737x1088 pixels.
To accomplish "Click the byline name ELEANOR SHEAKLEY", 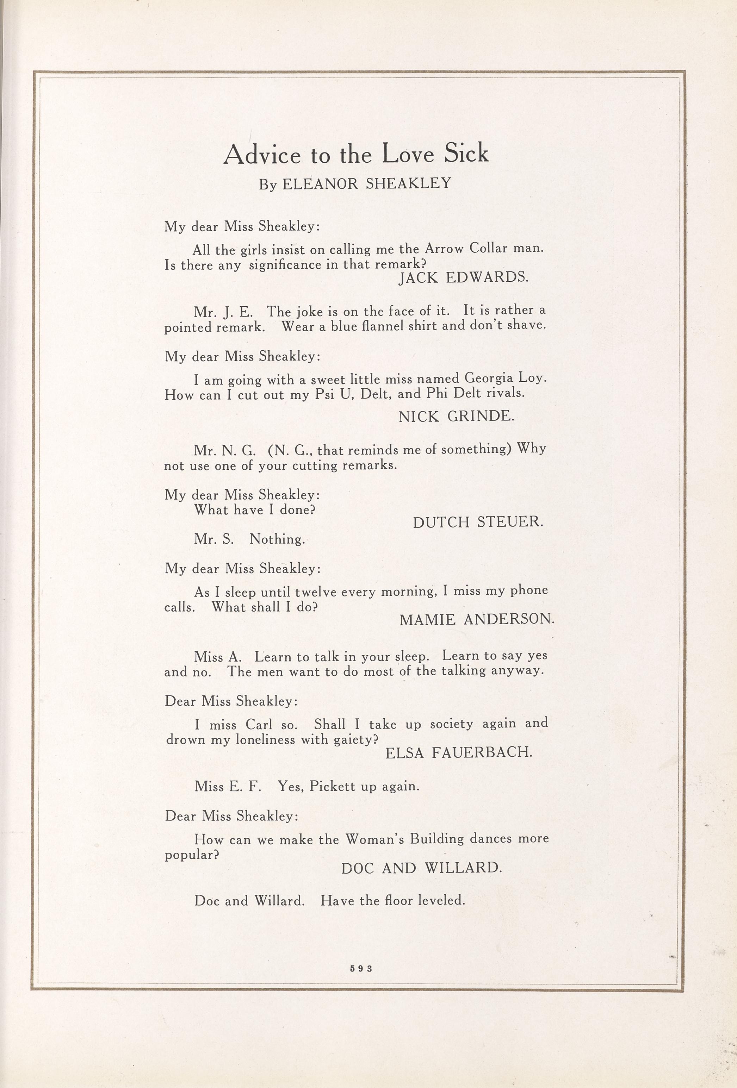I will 366,183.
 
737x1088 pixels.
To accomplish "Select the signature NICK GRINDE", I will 456,416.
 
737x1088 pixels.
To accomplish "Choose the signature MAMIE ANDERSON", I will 477,619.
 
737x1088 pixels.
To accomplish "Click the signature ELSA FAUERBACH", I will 459,752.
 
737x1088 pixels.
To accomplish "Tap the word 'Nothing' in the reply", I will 277,539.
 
